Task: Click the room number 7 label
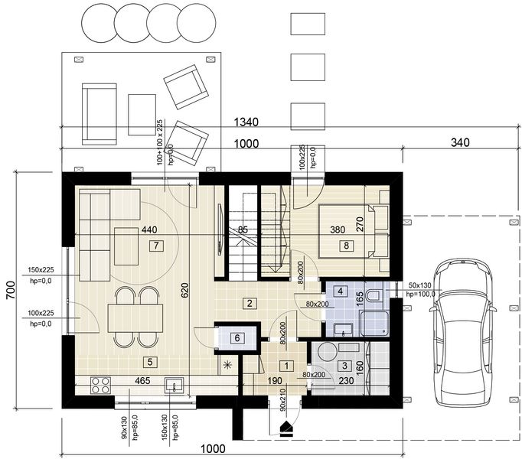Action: [x=155, y=246]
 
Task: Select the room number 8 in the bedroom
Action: [x=347, y=246]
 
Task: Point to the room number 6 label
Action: [x=237, y=338]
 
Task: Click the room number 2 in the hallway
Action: [x=250, y=303]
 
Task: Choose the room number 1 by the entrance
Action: [x=285, y=366]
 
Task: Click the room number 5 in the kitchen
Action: [x=150, y=362]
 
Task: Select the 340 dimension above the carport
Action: [x=460, y=142]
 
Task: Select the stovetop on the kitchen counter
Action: [x=100, y=382]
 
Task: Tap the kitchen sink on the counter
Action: [x=175, y=385]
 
